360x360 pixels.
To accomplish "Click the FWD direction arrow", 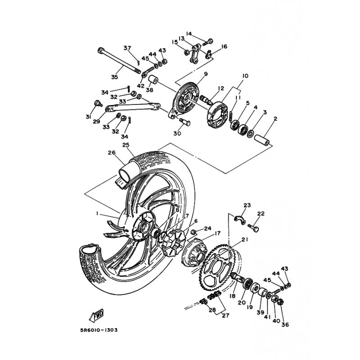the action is [96, 314].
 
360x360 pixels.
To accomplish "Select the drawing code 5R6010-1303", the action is [99, 330].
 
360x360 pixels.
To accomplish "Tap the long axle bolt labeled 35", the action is [119, 60].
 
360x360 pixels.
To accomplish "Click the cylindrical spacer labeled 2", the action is [261, 139].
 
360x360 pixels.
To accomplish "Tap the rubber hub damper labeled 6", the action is [172, 243].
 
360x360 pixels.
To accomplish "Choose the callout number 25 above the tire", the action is [126, 145].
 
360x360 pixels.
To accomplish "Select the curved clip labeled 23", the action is [240, 219].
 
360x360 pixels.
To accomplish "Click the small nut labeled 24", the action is [194, 233].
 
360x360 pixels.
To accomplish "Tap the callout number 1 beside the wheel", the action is [97, 213].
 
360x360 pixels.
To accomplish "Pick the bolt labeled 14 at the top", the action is [207, 42].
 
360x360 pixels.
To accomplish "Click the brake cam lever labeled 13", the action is [195, 54].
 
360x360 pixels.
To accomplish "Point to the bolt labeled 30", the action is [184, 121].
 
